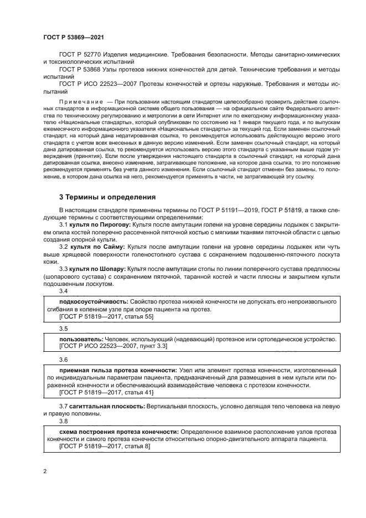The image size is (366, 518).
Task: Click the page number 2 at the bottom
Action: [45, 471]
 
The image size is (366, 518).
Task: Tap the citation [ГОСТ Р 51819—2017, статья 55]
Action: [99, 316]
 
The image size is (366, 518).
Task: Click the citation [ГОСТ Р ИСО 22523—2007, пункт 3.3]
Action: [105, 346]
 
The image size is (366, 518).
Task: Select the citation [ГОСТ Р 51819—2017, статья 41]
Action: [99, 392]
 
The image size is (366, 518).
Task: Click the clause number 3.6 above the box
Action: [63, 359]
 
